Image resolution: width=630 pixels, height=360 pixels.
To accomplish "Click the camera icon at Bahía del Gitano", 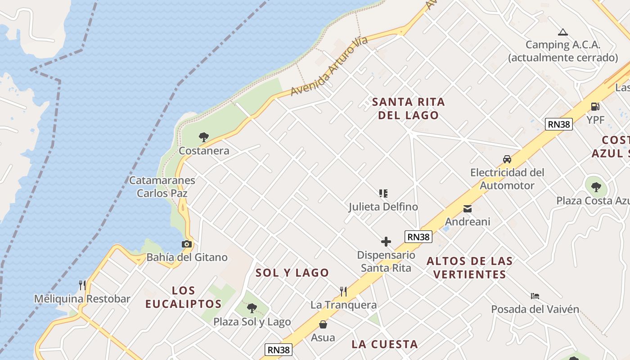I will (187, 244).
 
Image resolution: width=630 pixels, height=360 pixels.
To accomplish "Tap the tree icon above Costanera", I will (204, 137).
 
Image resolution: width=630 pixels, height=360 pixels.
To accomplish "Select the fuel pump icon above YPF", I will (595, 107).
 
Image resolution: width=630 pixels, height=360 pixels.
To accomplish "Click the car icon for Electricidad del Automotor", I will (507, 159).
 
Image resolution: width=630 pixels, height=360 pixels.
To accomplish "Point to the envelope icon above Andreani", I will (468, 208).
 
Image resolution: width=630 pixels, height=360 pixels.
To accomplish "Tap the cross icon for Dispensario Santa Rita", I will (386, 242).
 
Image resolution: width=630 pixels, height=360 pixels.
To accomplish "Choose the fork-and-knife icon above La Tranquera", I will (343, 292).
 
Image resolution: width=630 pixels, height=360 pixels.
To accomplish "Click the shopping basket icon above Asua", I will (323, 324).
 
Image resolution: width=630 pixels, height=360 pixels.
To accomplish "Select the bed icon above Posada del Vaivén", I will (535, 296).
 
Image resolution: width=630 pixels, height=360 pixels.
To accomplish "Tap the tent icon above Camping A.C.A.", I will (562, 32).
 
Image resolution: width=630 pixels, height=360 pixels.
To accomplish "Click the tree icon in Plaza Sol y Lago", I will (252, 308).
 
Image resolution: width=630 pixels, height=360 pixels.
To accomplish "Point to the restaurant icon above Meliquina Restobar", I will (82, 285).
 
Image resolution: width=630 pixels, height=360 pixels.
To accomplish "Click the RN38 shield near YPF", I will (558, 124).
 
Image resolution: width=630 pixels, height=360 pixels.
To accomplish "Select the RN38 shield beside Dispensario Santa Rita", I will (418, 237).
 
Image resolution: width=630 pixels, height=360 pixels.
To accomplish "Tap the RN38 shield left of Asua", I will (279, 350).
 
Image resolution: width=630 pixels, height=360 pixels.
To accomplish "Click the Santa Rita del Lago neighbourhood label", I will (408, 108).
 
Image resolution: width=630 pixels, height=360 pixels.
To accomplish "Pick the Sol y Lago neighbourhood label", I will (292, 273).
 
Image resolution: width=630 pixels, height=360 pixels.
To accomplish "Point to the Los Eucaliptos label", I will (184, 297).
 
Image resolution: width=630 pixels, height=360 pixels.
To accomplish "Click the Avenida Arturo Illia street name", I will (329, 67).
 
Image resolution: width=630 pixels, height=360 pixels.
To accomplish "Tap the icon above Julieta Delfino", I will (383, 193).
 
